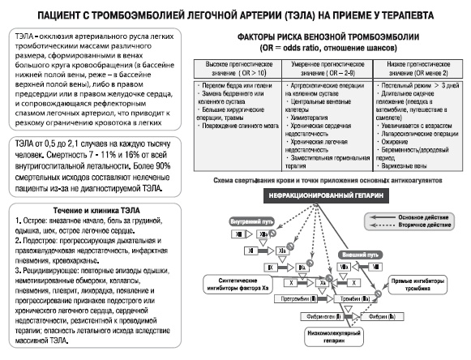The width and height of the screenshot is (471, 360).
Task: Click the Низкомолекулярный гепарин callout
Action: (334, 336)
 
